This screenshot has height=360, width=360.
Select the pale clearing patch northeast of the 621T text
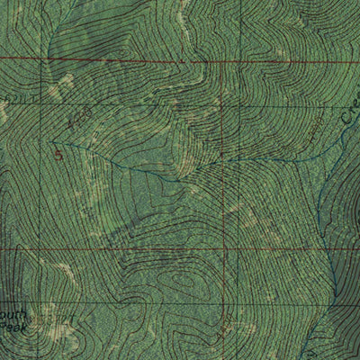[x=63, y=84]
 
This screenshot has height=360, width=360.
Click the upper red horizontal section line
[x=135, y=60]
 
